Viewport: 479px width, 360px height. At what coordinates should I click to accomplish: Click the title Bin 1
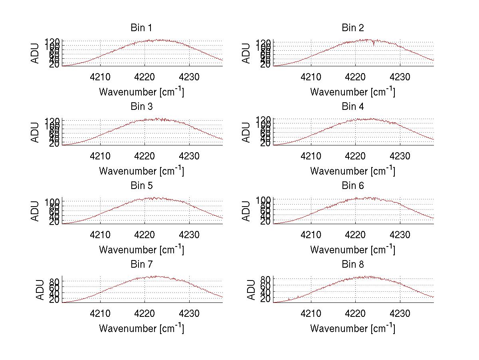(141, 28)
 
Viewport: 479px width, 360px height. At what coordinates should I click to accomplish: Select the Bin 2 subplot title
(352, 28)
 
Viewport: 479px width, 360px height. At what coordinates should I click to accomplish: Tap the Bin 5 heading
(141, 186)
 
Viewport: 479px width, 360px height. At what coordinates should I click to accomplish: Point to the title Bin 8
(352, 265)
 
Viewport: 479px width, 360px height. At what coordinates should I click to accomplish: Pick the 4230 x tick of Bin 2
(400, 77)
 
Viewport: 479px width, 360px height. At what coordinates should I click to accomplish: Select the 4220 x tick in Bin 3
(144, 155)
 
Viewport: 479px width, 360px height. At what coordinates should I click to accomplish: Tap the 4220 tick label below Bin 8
(355, 313)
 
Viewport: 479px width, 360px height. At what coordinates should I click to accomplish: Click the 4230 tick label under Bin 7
(189, 313)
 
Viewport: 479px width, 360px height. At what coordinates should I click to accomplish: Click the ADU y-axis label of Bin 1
(36, 53)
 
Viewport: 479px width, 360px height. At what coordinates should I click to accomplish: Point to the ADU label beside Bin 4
(247, 132)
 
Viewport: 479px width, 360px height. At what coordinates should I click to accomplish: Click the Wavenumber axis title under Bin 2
(352, 91)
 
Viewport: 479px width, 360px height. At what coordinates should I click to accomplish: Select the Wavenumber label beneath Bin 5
(141, 249)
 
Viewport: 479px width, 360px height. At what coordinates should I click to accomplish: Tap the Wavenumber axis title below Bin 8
(352, 328)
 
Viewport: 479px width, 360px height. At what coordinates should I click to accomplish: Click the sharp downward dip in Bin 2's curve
(374, 45)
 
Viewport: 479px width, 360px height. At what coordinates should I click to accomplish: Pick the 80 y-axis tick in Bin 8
(265, 278)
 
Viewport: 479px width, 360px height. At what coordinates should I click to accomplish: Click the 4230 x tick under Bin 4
(400, 155)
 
